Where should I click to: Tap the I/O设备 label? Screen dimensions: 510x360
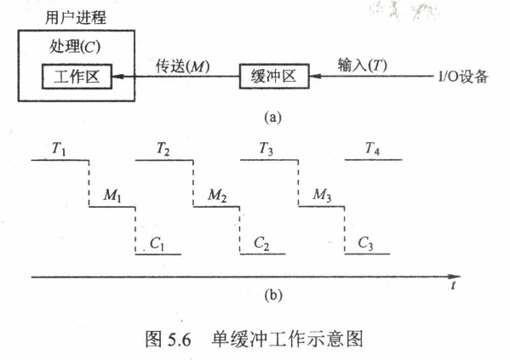(463, 77)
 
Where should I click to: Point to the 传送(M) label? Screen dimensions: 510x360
(182, 66)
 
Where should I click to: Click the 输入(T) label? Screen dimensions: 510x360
(362, 65)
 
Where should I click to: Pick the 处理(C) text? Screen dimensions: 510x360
(75, 47)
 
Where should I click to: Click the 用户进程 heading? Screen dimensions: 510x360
(76, 18)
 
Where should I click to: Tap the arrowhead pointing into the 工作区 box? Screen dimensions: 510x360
(117, 77)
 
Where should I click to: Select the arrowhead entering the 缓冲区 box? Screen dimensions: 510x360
(315, 77)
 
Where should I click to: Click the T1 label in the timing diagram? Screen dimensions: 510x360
(59, 149)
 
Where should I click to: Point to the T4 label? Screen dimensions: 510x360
(372, 149)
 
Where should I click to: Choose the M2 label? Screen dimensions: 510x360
(217, 196)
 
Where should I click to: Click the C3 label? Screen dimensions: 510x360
(365, 243)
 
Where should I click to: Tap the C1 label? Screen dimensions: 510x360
(157, 243)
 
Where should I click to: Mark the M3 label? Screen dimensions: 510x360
(322, 195)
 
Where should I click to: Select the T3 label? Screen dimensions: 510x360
(266, 149)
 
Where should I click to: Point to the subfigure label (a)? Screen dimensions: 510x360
(272, 117)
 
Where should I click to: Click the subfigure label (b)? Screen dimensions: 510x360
(273, 295)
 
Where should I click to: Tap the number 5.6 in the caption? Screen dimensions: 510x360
(179, 340)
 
